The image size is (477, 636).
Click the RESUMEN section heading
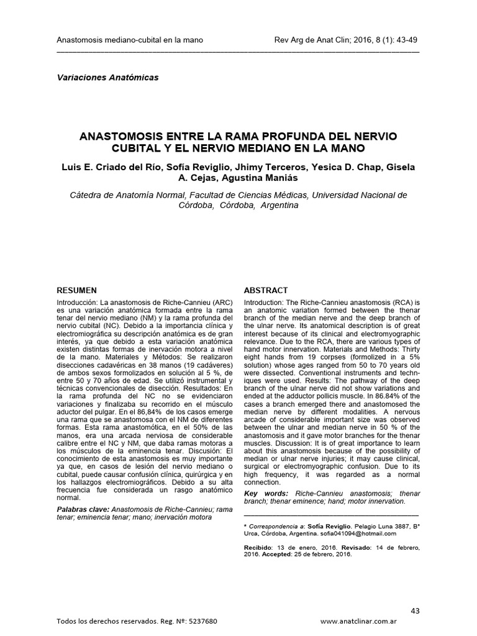click(x=76, y=290)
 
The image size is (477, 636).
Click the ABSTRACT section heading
click(x=265, y=290)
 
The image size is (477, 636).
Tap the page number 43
click(x=415, y=611)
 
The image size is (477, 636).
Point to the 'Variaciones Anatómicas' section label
click(x=107, y=78)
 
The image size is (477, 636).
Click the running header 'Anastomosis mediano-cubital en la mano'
click(x=130, y=40)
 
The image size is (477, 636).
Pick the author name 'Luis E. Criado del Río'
click(x=108, y=167)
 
